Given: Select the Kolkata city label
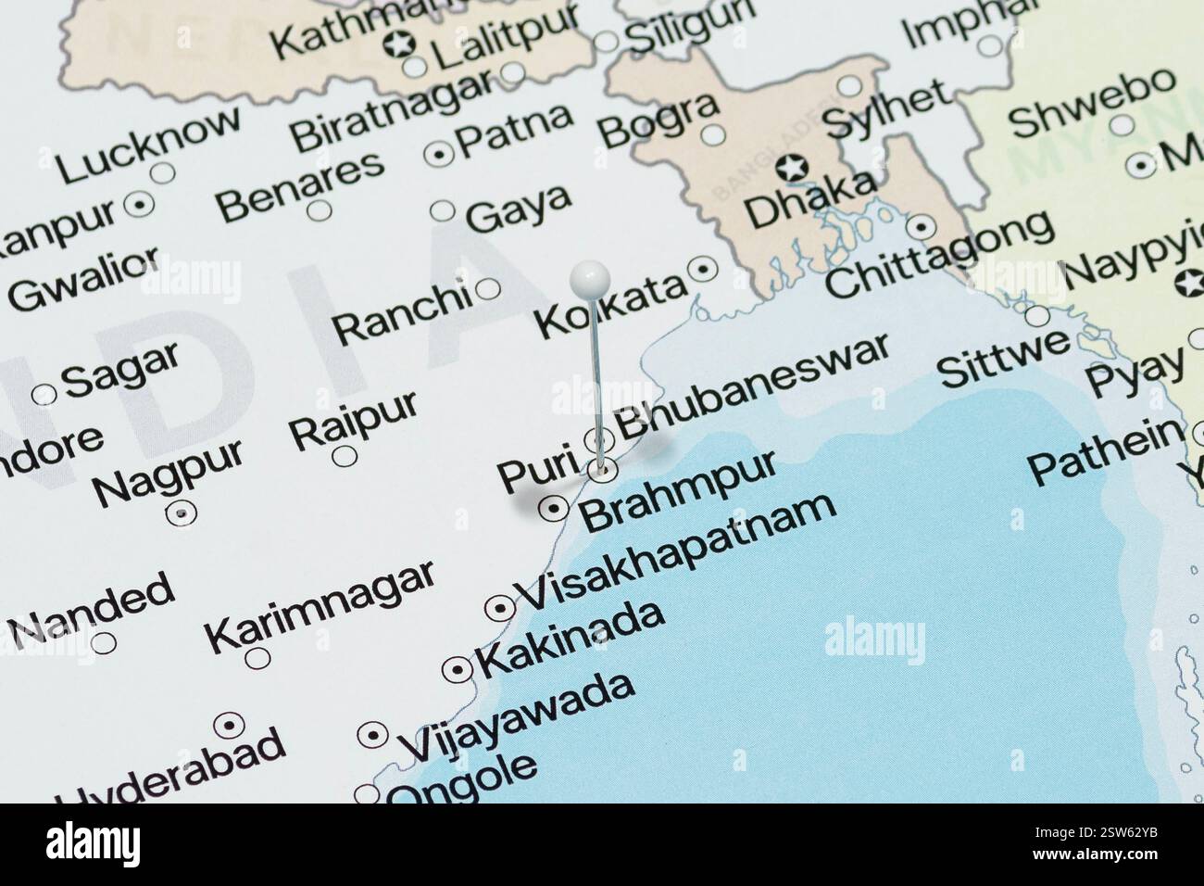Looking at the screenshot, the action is click(x=611, y=306).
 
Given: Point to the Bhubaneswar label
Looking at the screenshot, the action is click(x=753, y=386).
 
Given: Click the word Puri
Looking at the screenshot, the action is click(x=538, y=472).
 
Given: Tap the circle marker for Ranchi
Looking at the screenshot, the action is click(x=488, y=290).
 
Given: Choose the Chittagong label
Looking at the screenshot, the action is click(x=939, y=254).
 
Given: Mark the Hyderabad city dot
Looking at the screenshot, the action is click(x=228, y=725).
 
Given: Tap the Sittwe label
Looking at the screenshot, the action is click(x=1003, y=359).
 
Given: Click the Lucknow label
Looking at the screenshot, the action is click(x=148, y=145).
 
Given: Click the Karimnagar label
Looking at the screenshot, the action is click(x=320, y=605).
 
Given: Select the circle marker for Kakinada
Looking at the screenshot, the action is click(x=458, y=669).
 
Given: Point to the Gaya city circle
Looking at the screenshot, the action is click(x=444, y=211).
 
